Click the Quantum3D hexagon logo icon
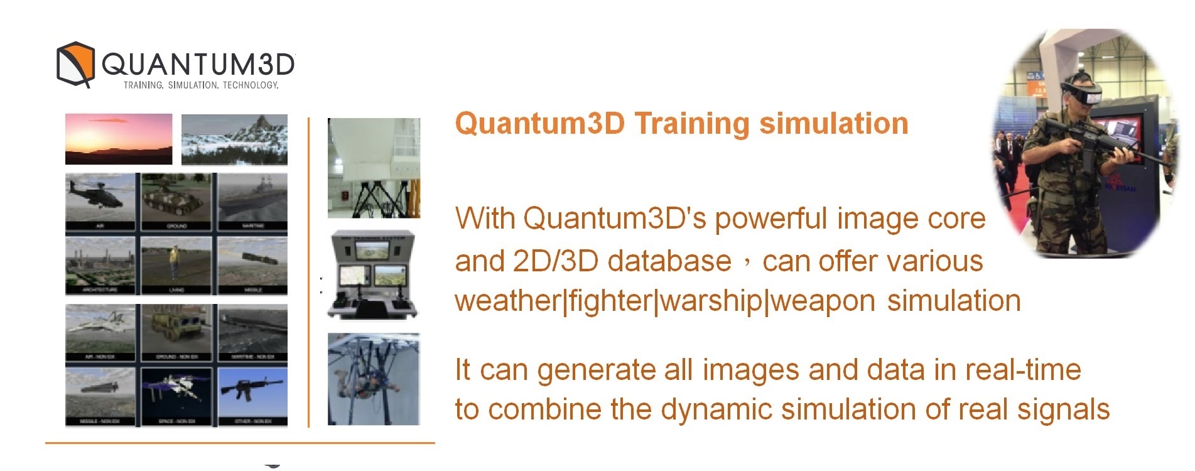click(x=75, y=64)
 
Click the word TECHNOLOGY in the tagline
click(x=250, y=85)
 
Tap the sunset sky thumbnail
click(x=119, y=139)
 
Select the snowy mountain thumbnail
click(x=234, y=139)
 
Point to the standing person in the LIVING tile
click(x=173, y=263)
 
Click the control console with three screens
click(x=374, y=275)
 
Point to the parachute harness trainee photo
click(x=374, y=379)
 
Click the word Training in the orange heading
click(x=692, y=123)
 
